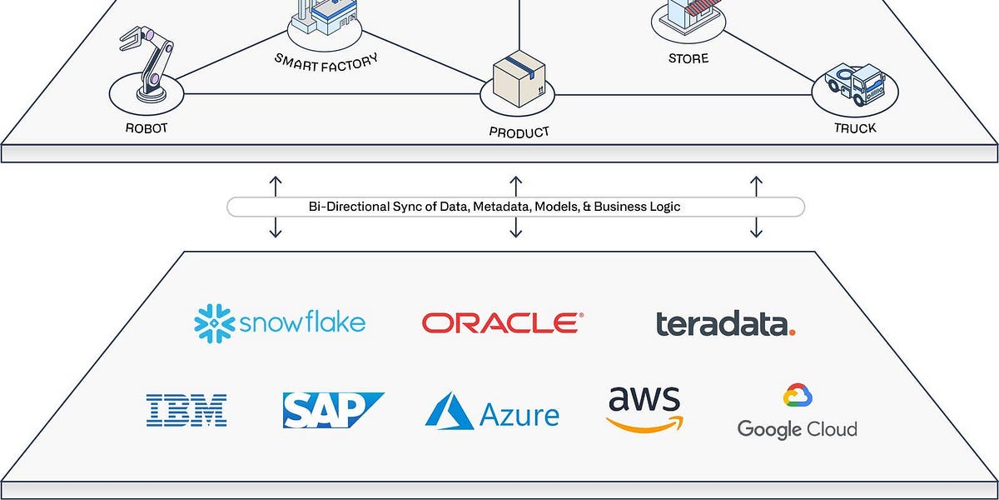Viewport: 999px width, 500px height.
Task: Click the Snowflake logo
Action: point(280,322)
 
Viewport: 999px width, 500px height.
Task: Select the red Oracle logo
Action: point(502,322)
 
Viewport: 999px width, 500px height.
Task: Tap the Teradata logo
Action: point(725,324)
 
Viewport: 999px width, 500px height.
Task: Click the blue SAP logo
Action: point(332,410)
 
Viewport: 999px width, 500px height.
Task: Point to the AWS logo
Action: point(644,408)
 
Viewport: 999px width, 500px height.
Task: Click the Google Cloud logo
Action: point(797,413)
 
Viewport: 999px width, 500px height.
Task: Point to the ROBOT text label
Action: point(147,129)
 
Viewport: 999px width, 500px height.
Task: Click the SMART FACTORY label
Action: point(326,60)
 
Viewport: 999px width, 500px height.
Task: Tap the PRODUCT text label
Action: point(519,132)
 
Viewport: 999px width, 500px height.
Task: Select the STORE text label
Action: point(688,59)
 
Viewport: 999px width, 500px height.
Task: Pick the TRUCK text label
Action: point(855,128)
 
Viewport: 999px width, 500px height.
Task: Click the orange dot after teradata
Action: point(791,331)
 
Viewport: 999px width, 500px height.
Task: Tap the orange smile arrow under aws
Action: point(644,424)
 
